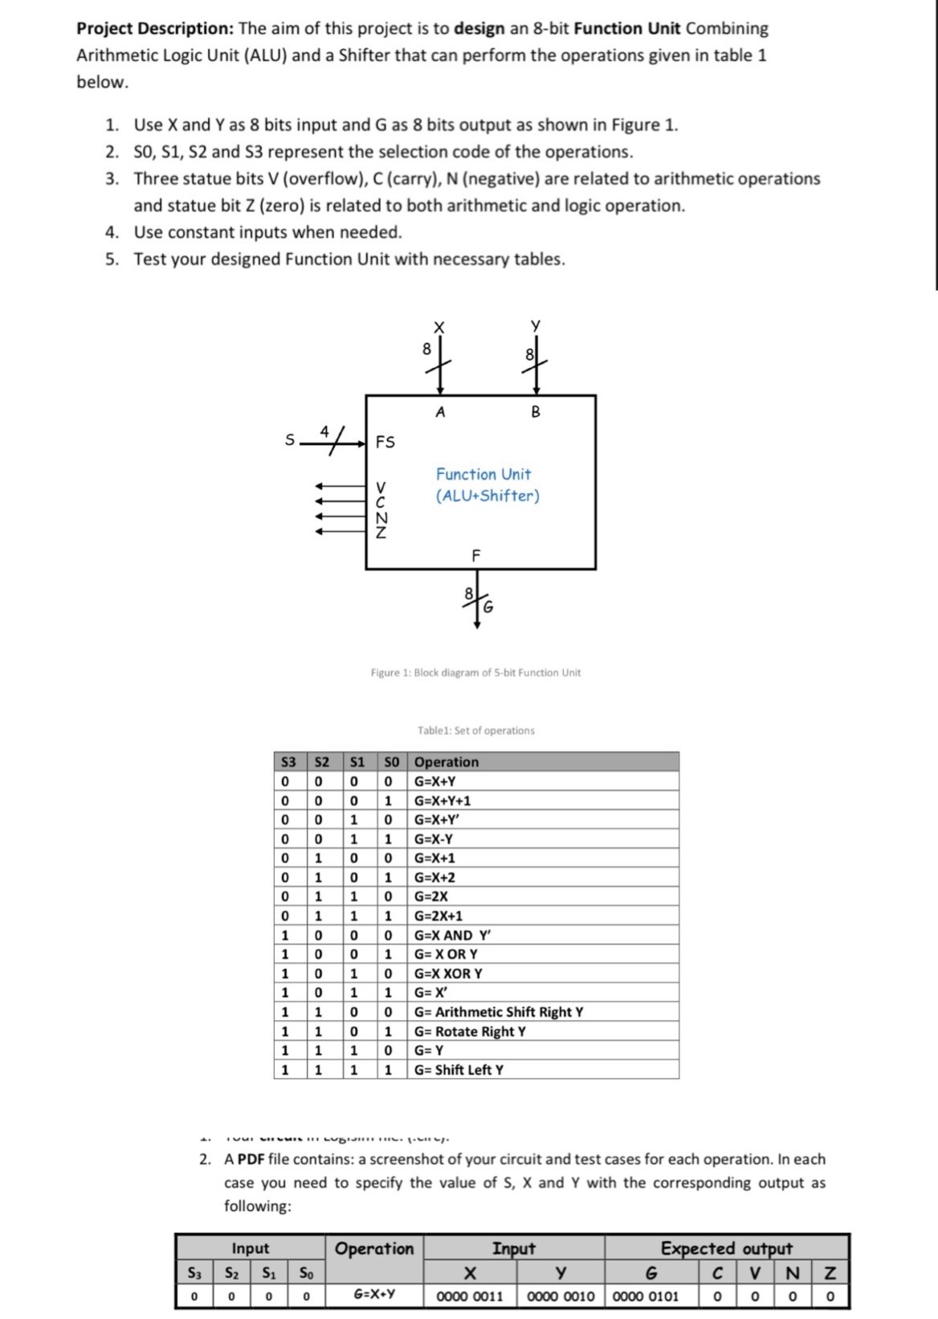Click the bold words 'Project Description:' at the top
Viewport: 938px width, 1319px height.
154,29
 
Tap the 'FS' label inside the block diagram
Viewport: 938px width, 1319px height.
385,442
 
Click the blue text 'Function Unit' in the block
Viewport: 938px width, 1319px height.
483,475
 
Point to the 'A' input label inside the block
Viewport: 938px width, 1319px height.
440,413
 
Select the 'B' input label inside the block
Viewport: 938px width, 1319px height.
536,413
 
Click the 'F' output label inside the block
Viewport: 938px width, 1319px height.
476,555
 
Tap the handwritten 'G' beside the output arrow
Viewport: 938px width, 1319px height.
487,606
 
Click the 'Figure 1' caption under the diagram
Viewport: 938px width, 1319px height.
475,672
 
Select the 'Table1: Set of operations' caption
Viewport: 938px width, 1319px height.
475,730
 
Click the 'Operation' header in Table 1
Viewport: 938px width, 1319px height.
447,762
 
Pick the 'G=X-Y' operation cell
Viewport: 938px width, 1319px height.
434,839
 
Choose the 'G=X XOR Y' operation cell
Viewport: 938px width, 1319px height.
448,974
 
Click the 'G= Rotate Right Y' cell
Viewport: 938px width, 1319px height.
470,1031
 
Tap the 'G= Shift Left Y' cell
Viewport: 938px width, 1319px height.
459,1070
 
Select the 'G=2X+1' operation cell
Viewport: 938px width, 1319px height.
438,916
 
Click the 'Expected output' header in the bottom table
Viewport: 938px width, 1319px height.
726,1248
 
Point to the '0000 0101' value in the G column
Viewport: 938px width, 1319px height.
646,1296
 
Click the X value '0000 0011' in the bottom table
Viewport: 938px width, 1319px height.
470,1296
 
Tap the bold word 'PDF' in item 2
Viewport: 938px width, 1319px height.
251,1159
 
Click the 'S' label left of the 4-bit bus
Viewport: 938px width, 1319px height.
290,440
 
